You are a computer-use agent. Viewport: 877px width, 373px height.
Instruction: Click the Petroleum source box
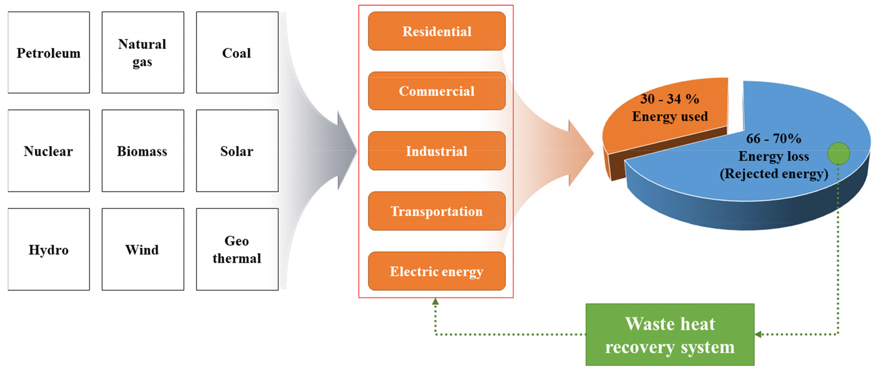tap(48, 53)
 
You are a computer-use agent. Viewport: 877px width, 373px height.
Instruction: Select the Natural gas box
tap(142, 53)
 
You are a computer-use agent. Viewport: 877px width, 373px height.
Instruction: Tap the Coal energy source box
tap(237, 53)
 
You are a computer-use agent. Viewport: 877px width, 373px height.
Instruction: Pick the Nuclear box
tap(48, 151)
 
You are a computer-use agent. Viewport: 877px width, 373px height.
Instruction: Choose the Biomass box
tap(142, 151)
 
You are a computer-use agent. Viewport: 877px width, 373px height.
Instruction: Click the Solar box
tap(237, 151)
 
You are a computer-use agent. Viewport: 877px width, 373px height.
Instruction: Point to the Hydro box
tap(48, 249)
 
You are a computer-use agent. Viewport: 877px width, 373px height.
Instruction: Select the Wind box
tap(142, 249)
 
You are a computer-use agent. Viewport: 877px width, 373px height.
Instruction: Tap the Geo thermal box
tap(237, 249)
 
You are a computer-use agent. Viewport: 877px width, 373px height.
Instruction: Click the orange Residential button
tap(436, 31)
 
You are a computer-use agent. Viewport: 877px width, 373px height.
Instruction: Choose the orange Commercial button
tap(436, 91)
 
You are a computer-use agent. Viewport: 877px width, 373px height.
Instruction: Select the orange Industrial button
tap(436, 151)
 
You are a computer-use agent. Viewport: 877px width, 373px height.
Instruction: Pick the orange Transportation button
tap(436, 212)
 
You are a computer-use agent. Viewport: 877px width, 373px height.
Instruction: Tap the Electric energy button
tap(436, 271)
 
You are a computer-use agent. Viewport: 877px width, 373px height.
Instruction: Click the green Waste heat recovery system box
tap(670, 335)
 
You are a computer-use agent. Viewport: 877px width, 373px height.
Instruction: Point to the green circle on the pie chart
tap(838, 153)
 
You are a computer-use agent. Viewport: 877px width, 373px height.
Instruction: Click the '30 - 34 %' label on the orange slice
tap(669, 99)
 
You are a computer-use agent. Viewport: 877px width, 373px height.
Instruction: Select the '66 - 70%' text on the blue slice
tap(773, 139)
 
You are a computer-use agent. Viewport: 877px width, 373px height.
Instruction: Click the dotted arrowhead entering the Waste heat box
tap(759, 335)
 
